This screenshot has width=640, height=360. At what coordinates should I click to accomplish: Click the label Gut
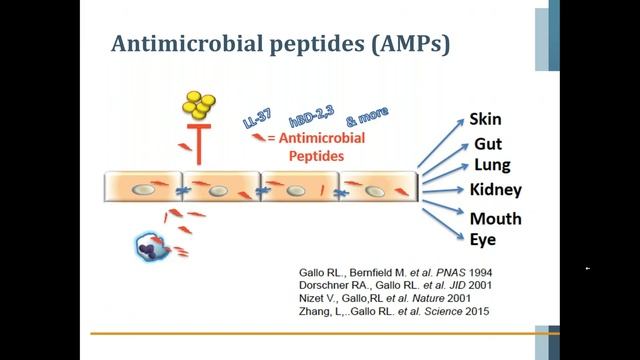(x=487, y=145)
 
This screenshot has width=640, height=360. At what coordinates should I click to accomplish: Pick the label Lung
(x=490, y=166)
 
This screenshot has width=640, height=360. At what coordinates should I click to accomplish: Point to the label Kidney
(x=495, y=190)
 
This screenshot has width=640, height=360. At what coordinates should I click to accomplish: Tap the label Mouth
(x=494, y=218)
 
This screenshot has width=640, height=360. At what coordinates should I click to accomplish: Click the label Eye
(x=483, y=239)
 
